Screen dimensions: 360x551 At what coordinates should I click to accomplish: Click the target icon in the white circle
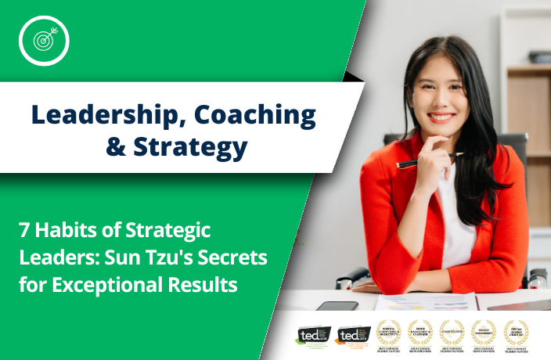pyautogui.click(x=44, y=40)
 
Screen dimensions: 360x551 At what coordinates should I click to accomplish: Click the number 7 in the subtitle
pyautogui.click(x=25, y=232)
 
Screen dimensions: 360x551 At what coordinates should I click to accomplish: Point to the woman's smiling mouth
pyautogui.click(x=440, y=118)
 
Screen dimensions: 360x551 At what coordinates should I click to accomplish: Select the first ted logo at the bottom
pyautogui.click(x=312, y=334)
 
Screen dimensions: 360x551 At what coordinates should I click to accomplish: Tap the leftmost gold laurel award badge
pyautogui.click(x=388, y=333)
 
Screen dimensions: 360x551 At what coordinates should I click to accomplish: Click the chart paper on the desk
pyautogui.click(x=423, y=302)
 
